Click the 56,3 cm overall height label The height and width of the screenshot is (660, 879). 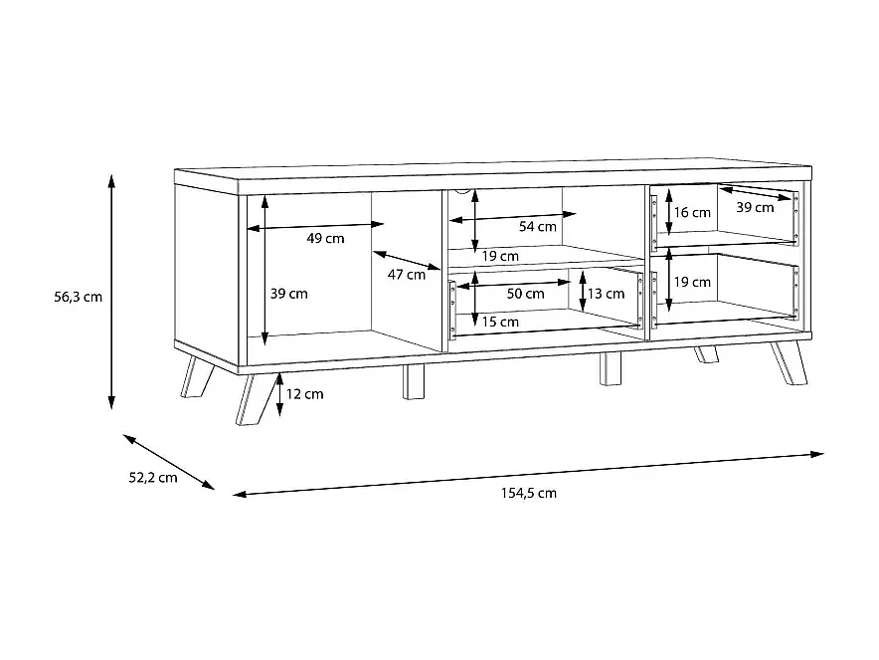[78, 297]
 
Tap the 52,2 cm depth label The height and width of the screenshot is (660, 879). [153, 478]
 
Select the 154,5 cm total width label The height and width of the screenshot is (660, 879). [529, 494]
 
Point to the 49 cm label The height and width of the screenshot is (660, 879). [325, 239]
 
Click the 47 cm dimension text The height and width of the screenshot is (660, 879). [407, 275]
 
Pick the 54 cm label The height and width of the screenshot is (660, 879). [538, 227]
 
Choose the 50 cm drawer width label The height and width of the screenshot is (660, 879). [525, 294]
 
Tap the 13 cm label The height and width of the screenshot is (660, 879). [606, 294]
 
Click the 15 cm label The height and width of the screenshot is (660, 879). [500, 323]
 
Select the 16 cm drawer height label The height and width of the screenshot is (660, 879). [692, 213]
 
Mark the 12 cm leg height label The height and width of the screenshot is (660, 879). [305, 394]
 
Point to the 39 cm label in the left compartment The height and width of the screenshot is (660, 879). [288, 294]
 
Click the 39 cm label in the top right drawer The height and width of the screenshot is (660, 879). [755, 208]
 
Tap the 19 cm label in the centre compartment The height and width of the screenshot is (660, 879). [500, 257]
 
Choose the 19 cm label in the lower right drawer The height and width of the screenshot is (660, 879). [692, 282]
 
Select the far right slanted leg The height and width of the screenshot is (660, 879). [789, 363]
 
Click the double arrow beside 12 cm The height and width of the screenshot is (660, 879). [279, 395]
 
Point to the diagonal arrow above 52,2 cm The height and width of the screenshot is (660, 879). [169, 462]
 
